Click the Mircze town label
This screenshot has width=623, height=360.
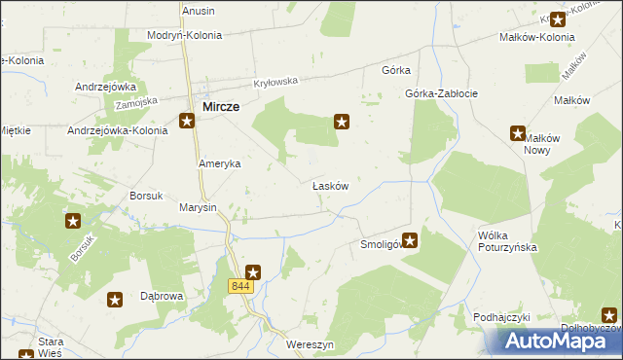tap(222, 106)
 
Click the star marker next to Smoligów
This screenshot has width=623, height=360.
tap(411, 239)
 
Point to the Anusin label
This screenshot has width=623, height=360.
tap(199, 11)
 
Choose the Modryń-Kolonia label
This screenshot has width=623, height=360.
tap(184, 35)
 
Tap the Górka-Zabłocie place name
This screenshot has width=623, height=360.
tap(441, 94)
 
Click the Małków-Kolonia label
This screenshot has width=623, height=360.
tap(536, 37)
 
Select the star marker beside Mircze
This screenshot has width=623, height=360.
tap(188, 122)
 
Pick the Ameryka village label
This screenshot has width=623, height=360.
tap(219, 164)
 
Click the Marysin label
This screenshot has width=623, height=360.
tap(198, 208)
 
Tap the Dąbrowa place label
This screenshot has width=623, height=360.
tap(163, 295)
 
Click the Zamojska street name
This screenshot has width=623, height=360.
tap(135, 101)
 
